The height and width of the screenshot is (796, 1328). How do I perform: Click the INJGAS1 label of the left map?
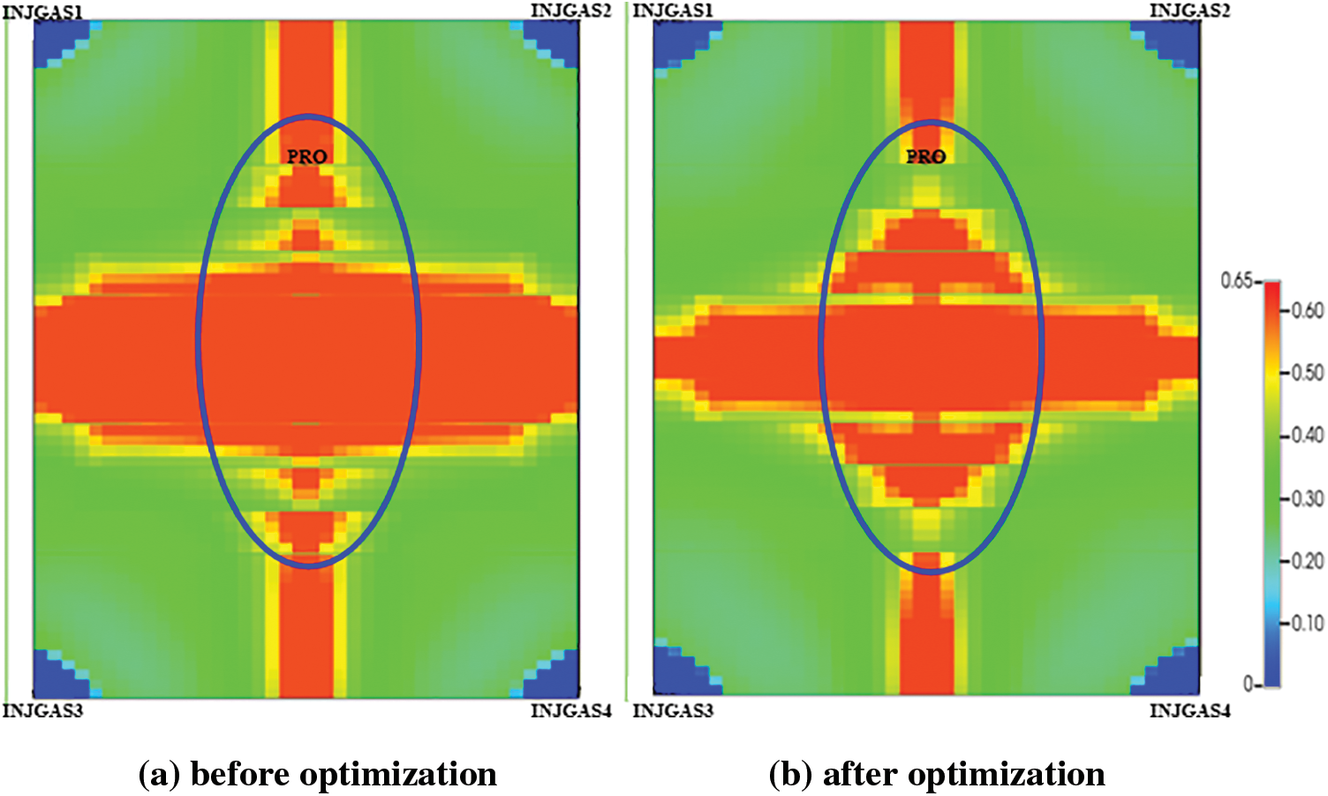pos(42,12)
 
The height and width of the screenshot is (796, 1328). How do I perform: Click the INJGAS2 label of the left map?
pos(570,11)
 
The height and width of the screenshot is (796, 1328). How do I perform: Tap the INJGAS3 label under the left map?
pos(42,711)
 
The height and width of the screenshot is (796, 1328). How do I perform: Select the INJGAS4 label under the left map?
pos(570,711)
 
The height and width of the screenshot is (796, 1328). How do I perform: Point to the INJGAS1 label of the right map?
pos(673,11)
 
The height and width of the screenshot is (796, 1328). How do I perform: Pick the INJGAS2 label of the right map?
pos(1189,11)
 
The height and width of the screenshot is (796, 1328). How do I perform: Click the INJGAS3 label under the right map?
pos(673,711)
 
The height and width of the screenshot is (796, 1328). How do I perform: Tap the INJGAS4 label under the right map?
pos(1189,711)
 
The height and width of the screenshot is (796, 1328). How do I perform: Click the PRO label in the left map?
pos(307,156)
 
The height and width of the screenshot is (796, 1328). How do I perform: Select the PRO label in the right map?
pos(926,156)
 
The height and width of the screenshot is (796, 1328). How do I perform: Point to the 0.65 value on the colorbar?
pos(1236,281)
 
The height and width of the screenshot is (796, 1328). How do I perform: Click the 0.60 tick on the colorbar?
pos(1307,310)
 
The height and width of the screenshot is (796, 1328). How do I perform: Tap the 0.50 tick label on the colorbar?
pos(1307,373)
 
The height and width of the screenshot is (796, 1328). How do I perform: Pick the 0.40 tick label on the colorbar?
pos(1307,435)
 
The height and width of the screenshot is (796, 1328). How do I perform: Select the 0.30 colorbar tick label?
pos(1307,498)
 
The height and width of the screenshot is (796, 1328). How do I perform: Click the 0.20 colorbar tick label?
pos(1307,561)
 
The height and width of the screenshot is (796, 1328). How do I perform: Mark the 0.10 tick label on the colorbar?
pos(1307,623)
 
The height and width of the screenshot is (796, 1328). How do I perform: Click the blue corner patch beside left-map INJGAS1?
pos(55,40)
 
